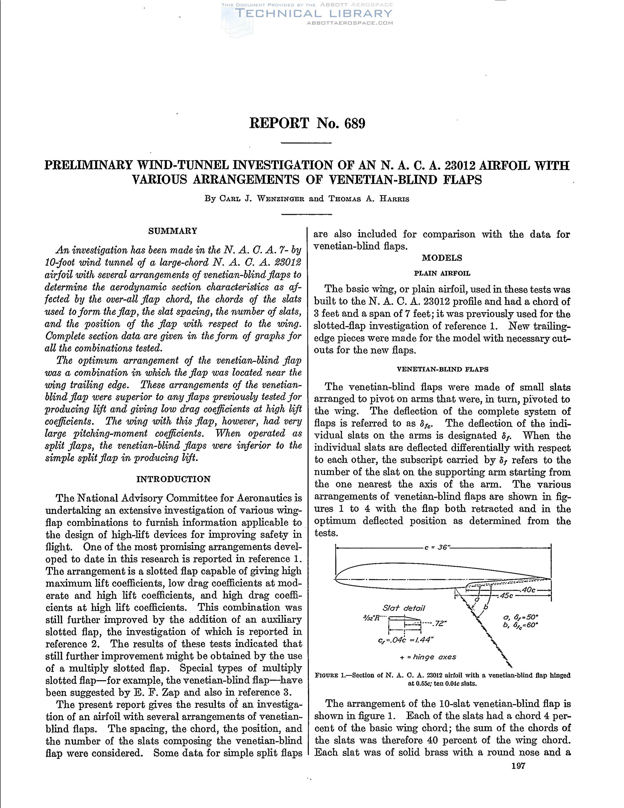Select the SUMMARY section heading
click(173, 231)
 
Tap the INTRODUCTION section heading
click(173, 479)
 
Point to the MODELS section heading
click(442, 258)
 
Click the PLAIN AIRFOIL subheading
click(442, 273)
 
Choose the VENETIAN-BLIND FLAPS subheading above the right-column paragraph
click(442, 369)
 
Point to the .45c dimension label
click(506, 596)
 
